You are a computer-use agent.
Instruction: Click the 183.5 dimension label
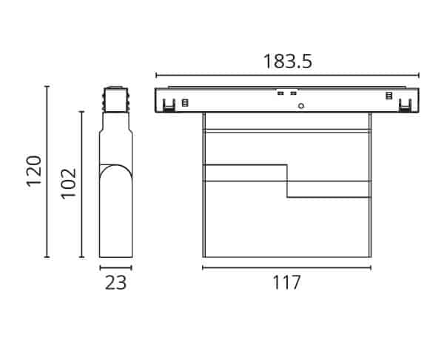288,61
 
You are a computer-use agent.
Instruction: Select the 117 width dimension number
286,282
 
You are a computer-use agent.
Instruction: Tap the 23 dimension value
115,282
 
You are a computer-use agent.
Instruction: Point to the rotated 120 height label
34,170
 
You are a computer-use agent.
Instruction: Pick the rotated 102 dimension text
69,184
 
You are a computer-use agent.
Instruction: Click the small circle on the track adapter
301,106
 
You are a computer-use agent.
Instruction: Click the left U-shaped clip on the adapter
169,105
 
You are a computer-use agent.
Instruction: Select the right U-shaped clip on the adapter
405,105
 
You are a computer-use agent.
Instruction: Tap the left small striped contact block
185,103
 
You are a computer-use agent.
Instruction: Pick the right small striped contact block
389,96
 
